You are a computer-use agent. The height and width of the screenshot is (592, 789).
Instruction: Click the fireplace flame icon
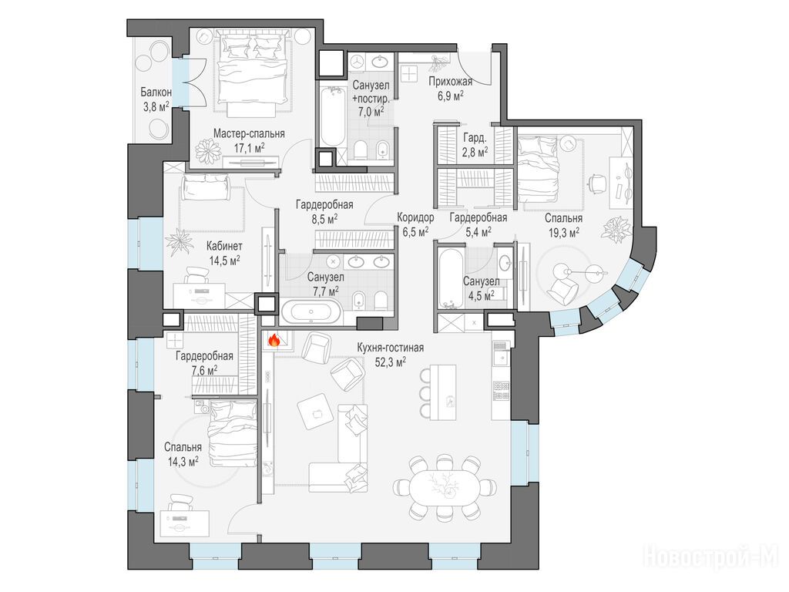tap(274, 340)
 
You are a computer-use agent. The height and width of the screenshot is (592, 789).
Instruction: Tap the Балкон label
tap(156, 92)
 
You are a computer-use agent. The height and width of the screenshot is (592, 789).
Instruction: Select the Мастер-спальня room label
tap(249, 133)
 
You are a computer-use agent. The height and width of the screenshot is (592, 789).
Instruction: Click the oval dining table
tap(445, 488)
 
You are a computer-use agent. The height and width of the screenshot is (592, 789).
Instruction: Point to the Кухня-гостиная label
tap(391, 348)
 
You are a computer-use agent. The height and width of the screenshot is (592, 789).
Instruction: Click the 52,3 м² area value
tap(391, 361)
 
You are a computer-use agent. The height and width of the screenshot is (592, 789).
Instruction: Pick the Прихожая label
tap(450, 82)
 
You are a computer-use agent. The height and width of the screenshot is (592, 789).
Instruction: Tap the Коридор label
tap(415, 217)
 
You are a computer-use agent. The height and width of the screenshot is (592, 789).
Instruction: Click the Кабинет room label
tap(224, 246)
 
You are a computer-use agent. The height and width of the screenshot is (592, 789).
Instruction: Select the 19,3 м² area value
tap(563, 231)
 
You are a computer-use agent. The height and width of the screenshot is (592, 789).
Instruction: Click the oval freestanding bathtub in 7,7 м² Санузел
tap(311, 312)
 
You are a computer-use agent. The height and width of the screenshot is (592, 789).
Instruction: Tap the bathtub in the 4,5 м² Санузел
tap(450, 276)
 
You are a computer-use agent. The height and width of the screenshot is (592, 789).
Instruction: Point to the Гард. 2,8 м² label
tap(475, 144)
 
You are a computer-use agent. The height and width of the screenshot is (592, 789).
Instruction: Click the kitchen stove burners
tap(501, 391)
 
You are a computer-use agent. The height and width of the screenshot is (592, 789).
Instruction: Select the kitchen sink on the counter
tap(501, 358)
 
